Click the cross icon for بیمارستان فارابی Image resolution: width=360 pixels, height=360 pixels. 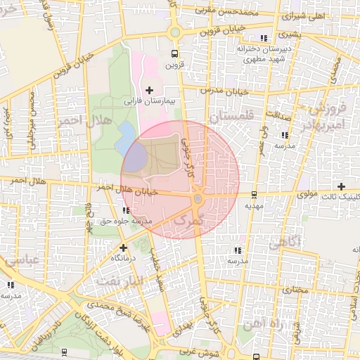149,90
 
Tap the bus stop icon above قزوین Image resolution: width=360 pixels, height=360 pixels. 174,53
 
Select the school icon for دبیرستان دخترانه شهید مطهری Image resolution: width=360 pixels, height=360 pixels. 263,38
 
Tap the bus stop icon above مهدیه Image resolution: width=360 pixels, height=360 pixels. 254,195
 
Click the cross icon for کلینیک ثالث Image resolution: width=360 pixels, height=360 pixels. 341,186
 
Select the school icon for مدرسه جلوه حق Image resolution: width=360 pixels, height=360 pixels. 125,210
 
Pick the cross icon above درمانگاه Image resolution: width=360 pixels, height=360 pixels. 124,247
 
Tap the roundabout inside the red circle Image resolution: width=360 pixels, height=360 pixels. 198,200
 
